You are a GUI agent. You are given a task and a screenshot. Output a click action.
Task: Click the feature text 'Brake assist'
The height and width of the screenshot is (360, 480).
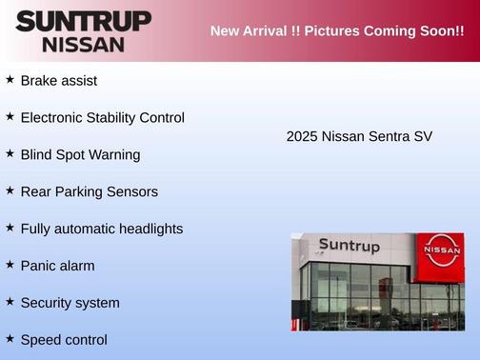(x=58, y=81)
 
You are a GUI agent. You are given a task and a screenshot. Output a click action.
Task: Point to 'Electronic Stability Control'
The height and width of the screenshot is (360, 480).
(x=102, y=118)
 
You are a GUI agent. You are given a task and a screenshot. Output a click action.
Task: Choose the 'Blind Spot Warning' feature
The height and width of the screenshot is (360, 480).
(x=80, y=155)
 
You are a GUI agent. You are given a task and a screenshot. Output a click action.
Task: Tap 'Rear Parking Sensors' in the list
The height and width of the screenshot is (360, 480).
(x=89, y=192)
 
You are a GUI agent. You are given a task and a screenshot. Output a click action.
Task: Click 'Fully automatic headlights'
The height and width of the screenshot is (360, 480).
(x=101, y=230)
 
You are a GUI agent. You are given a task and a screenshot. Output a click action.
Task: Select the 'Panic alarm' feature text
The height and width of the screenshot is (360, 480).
(x=57, y=267)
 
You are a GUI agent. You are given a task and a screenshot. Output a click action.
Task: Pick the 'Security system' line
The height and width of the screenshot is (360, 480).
(x=70, y=304)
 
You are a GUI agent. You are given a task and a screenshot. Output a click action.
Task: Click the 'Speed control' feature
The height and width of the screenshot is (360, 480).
(x=63, y=340)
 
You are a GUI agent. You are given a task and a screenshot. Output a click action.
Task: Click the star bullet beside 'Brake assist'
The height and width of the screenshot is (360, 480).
(x=10, y=80)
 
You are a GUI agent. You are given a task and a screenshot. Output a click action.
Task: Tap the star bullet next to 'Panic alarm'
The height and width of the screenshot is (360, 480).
(x=10, y=265)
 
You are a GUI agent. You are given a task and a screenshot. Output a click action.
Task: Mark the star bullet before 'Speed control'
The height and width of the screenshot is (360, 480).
(x=10, y=338)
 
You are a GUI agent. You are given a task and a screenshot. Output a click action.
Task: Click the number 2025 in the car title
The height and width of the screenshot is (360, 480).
(x=303, y=137)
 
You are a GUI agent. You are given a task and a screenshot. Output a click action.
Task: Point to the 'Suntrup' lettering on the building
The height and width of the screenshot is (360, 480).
(x=349, y=246)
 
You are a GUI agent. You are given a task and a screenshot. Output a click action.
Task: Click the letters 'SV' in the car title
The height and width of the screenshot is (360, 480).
(x=423, y=137)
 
